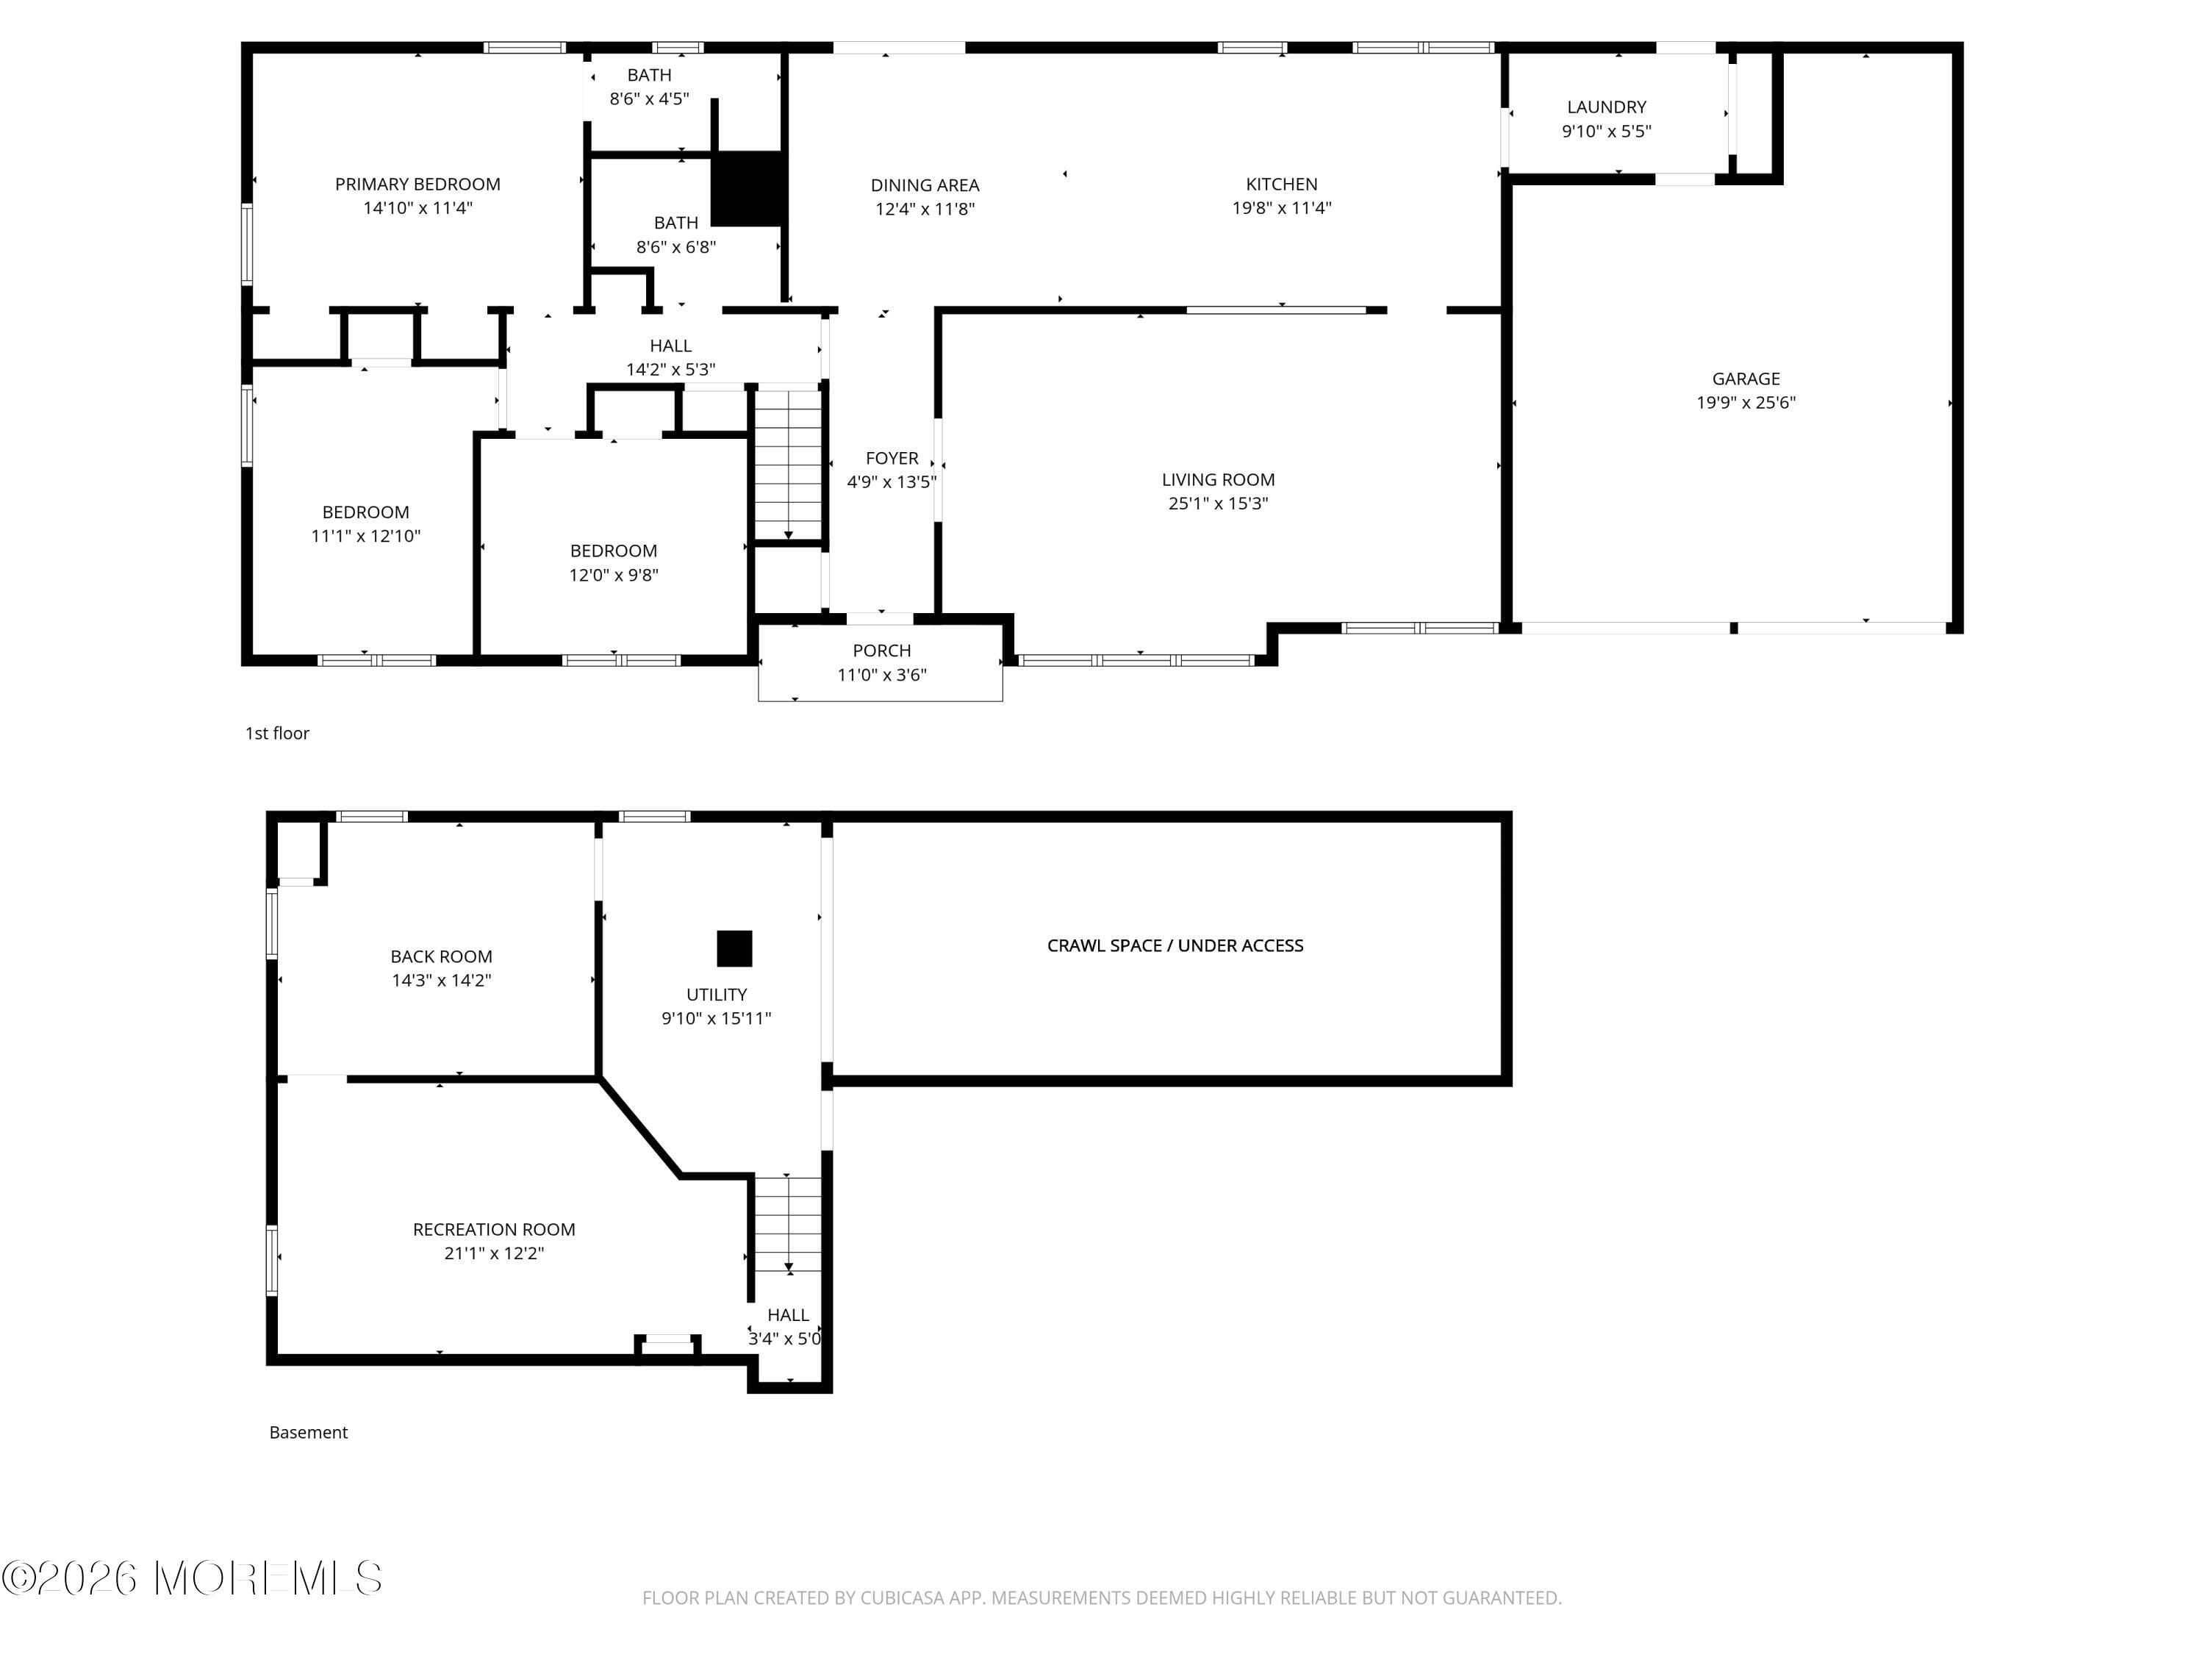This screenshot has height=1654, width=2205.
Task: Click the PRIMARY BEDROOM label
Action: point(417,185)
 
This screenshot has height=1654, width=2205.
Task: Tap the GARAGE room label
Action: point(1746,379)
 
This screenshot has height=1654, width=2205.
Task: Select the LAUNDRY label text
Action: point(1606,107)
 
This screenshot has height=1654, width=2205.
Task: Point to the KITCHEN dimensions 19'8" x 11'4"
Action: point(1281,208)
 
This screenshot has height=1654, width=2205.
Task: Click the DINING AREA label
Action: point(924,185)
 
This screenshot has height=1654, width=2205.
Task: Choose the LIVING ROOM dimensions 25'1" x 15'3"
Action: point(1217,504)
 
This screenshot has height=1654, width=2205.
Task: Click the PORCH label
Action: point(881,651)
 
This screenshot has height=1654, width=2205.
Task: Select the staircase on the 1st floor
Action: point(787,465)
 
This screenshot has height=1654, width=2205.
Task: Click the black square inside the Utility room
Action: point(735,948)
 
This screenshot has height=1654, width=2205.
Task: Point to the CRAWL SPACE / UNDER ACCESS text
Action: point(1175,945)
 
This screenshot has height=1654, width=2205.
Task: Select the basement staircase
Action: point(787,1224)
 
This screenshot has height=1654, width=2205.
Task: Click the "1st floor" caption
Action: point(277,733)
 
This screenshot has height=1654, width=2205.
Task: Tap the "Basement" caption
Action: point(308,1432)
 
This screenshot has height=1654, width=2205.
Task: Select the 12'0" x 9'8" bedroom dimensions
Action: point(613,576)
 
